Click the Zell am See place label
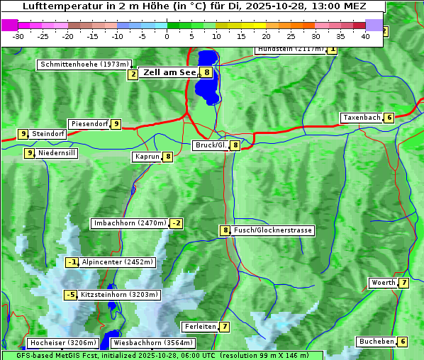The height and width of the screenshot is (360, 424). (169, 72)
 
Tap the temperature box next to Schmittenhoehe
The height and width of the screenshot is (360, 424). (133, 74)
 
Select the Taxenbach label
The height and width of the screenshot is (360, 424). (362, 118)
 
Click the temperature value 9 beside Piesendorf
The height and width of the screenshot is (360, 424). (116, 124)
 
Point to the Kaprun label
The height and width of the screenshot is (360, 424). (147, 157)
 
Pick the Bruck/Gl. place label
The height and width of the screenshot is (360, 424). (211, 145)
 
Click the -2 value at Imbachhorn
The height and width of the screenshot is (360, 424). (176, 224)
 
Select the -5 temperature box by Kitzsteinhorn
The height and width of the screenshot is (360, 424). (71, 295)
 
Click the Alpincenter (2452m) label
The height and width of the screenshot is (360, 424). (118, 262)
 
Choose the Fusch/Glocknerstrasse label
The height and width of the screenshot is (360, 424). (273, 230)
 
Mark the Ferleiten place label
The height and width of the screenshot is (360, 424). (200, 327)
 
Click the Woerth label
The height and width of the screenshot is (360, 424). (384, 283)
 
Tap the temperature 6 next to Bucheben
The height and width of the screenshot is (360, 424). (403, 342)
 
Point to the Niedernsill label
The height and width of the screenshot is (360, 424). (56, 153)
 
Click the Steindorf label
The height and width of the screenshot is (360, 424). (48, 134)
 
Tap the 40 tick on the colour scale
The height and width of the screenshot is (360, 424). (365, 36)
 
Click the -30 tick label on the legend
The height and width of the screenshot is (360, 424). (18, 36)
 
